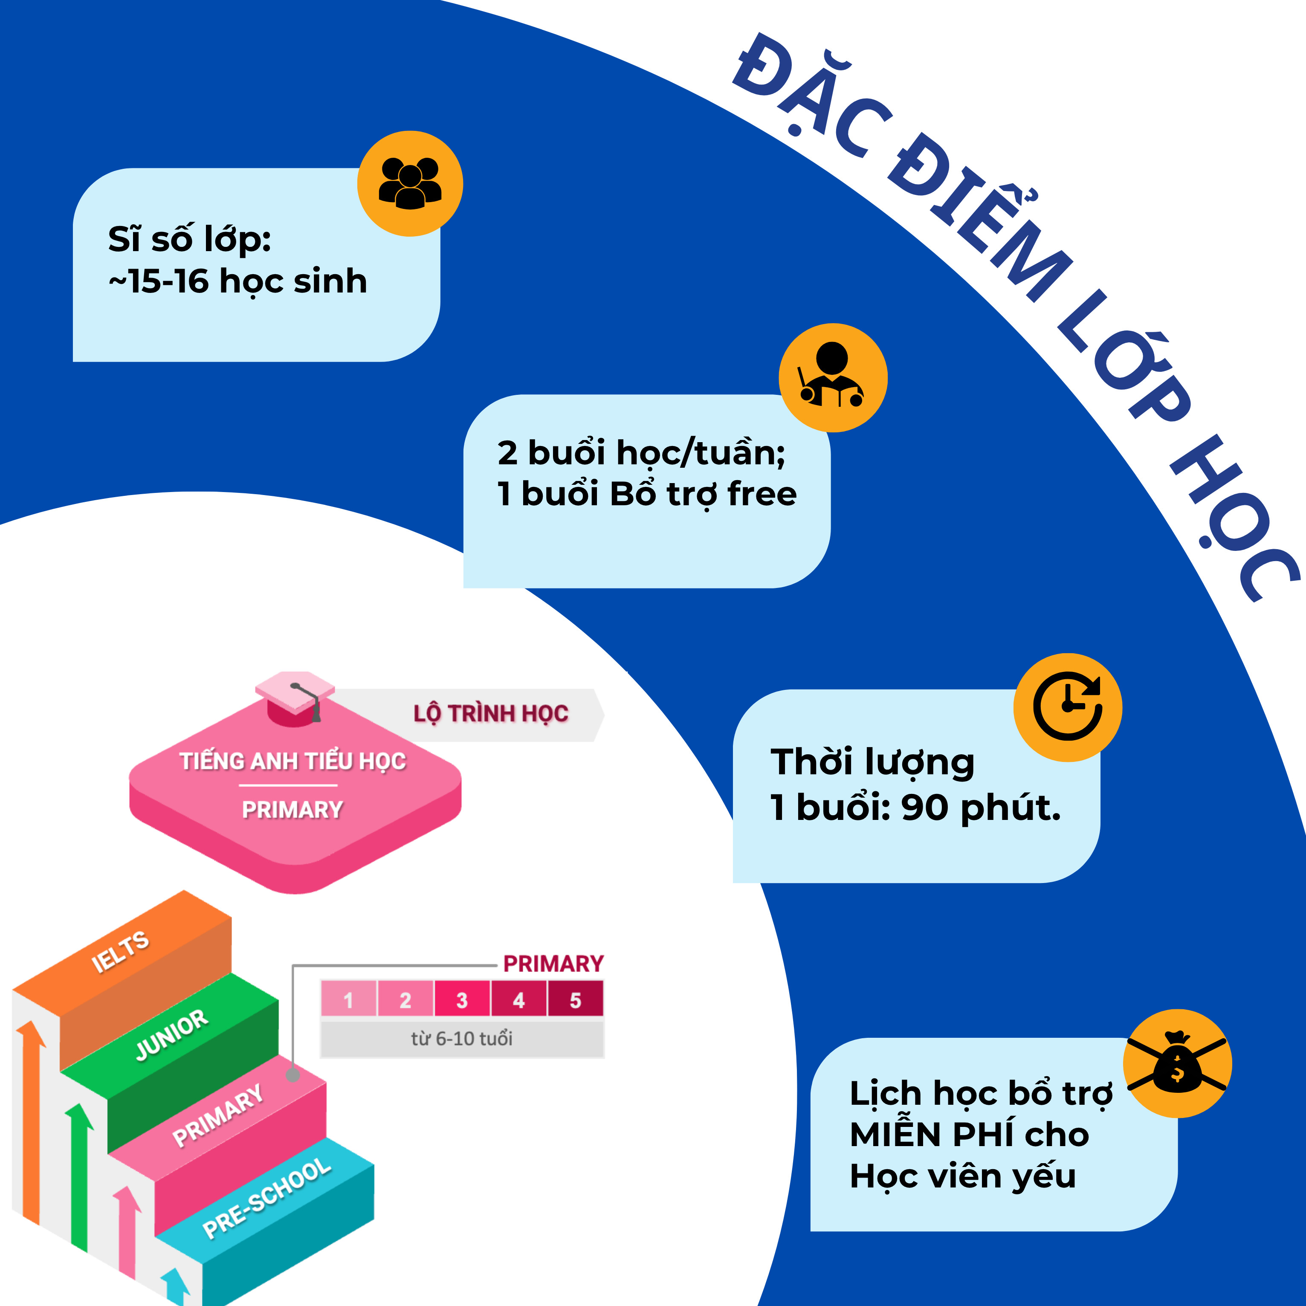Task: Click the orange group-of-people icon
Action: (x=410, y=183)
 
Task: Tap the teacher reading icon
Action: (x=833, y=377)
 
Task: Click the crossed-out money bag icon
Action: (x=1177, y=1064)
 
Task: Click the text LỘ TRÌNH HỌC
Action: (x=491, y=714)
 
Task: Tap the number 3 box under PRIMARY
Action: (x=462, y=1000)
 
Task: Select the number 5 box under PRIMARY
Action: (x=575, y=1000)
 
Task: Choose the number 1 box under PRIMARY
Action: (x=348, y=1000)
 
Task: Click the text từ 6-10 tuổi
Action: (x=462, y=1038)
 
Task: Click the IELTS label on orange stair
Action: (x=120, y=952)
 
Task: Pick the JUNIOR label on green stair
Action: (x=172, y=1034)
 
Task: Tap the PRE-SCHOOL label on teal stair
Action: (x=267, y=1198)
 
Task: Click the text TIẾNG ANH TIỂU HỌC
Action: (x=292, y=761)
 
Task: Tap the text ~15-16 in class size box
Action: (x=159, y=281)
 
